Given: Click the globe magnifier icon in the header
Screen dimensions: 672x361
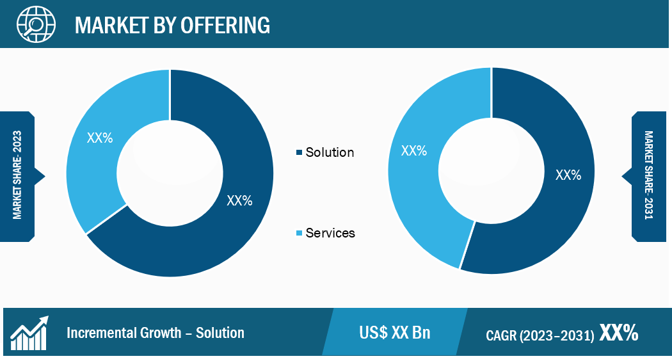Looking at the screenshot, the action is coord(36,24).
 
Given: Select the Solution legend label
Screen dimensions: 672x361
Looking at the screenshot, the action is coord(330,152).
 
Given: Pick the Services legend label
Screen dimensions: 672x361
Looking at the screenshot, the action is coord(330,233).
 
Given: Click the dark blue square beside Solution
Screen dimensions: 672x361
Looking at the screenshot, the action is coord(299,152).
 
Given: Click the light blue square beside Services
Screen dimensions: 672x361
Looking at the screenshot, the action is coord(299,233).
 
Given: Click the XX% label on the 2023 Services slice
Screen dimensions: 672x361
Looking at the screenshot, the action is coord(100,138).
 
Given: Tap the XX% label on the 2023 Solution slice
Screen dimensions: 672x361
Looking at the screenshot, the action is coord(239,200).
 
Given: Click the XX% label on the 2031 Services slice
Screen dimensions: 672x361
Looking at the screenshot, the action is coord(414,150).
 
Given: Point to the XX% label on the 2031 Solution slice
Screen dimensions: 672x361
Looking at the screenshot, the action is coord(568,175).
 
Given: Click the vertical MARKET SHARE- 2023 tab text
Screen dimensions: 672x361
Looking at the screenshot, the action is coord(17,175).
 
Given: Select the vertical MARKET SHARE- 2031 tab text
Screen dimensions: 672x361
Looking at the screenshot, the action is coord(649,175).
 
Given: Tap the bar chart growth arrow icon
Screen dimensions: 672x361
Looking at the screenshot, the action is coord(29,333).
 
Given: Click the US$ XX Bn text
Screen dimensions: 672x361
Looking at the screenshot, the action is coord(395,333).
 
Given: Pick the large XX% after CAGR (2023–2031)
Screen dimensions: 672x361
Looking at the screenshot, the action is coord(619,332).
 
